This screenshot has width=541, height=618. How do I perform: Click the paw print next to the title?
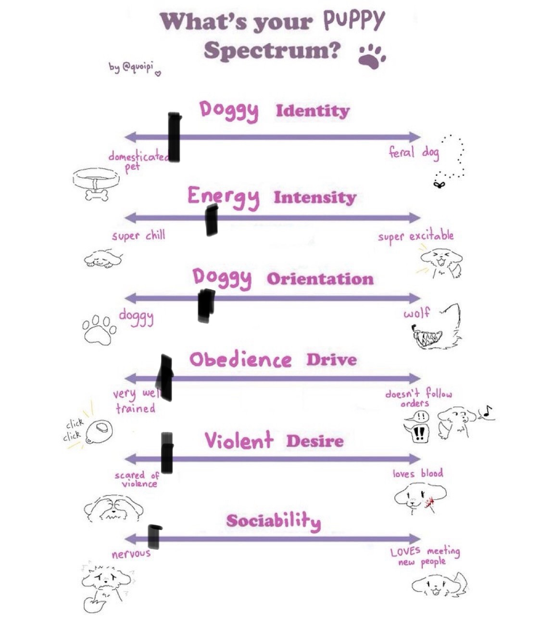pos(372,55)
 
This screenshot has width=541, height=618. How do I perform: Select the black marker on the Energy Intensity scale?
pos(211,220)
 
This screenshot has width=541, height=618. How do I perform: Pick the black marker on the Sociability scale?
pos(154,536)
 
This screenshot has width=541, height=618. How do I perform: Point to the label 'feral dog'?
pos(414,153)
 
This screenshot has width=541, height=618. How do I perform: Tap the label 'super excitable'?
pos(415,236)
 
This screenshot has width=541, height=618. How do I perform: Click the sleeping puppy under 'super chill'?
pos(103,258)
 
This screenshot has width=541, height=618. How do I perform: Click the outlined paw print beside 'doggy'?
pos(99,329)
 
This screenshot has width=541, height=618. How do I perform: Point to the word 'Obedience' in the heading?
pos(240,360)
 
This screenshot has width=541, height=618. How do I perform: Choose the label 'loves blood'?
pos(417,473)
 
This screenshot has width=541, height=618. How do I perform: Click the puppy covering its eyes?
pos(113,507)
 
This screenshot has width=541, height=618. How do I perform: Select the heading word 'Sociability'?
pos(273,521)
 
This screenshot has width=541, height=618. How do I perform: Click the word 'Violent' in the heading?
pos(239,441)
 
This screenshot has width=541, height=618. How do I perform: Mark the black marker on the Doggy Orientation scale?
pos(205,305)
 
